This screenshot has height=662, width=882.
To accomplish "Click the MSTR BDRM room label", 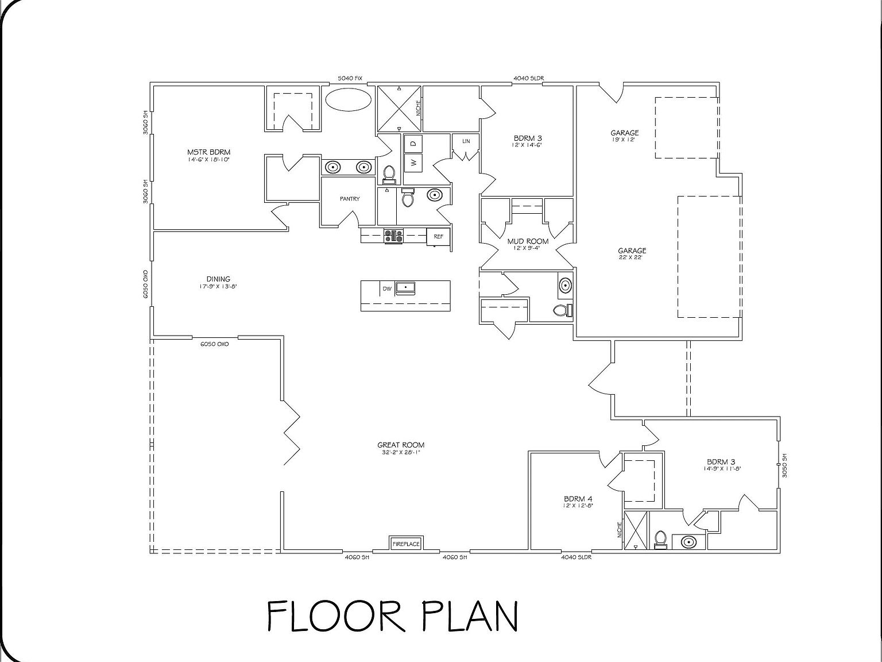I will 208,152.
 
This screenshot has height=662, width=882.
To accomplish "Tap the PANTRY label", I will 350,199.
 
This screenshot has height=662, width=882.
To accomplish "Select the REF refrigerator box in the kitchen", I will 439,236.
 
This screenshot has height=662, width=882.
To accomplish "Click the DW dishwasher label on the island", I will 387,288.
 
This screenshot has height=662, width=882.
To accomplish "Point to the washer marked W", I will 413,163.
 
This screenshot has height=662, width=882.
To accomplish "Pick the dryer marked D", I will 413,142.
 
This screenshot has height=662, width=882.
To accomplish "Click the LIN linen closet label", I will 466,141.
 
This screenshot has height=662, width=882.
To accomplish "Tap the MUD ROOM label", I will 528,241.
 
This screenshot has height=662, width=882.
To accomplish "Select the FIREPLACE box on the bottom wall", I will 406,543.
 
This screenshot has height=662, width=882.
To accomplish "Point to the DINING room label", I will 218,279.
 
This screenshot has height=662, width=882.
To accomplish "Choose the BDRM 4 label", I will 578,498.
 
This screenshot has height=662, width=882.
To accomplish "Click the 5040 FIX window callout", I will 350,78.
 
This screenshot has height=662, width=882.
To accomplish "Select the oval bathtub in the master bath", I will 349,99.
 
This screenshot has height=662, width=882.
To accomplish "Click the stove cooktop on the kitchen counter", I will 394,235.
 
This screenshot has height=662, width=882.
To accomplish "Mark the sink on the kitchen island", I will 407,286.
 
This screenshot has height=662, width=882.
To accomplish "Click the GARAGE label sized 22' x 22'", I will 632,251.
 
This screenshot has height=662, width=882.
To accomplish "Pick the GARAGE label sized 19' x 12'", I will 625,133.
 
